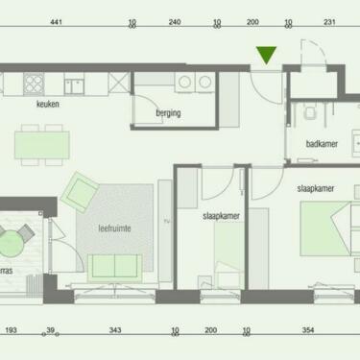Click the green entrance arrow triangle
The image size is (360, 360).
click(x=266, y=55)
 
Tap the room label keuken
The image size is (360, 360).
click(x=48, y=104)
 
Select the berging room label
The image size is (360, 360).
click(x=168, y=113)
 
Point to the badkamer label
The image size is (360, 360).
click(x=322, y=144)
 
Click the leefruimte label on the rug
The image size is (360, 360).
click(x=114, y=228)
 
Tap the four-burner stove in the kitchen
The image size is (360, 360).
click(x=34, y=84)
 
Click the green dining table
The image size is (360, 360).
click(x=42, y=145)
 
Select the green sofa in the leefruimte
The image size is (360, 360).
click(x=115, y=267)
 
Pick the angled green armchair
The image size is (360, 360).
click(x=80, y=192)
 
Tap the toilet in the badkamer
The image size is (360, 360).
click(x=310, y=112)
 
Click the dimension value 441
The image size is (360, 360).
click(x=56, y=22)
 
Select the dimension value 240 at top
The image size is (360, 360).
click(x=175, y=22)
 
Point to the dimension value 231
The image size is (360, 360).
click(x=329, y=22)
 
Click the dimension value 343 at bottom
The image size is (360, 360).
click(x=115, y=330)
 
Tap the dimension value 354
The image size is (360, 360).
click(x=308, y=330)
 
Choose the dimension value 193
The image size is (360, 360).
click(x=11, y=330)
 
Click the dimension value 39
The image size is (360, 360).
click(x=51, y=330)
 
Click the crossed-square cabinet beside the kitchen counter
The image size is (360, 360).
click(x=119, y=83)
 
